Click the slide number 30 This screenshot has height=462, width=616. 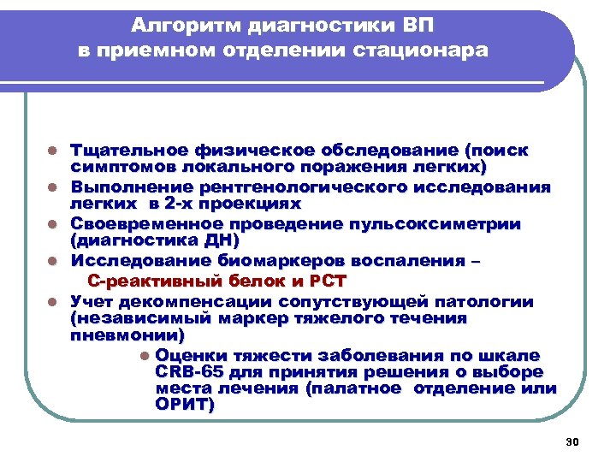pos(573,441)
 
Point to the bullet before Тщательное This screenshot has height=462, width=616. pos(52,151)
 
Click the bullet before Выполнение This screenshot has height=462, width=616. pos(52,187)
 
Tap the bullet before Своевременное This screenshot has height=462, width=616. pos(52,224)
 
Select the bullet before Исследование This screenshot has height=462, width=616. pos(52,261)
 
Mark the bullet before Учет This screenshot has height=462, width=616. pos(52,301)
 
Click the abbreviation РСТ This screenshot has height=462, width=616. pos(326,281)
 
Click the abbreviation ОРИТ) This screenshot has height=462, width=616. pos(186,405)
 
